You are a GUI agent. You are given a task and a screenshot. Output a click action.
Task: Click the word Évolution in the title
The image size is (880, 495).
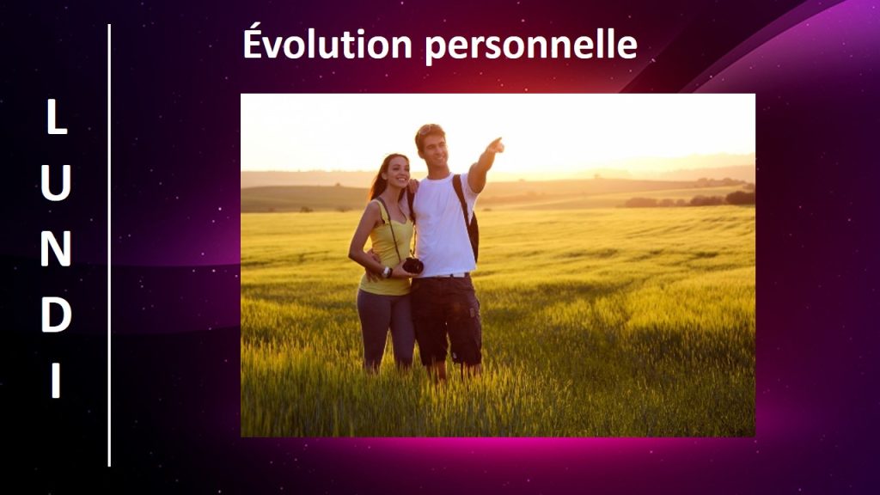(x=327, y=44)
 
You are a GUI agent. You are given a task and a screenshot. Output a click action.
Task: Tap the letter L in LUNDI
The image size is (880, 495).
(x=57, y=117)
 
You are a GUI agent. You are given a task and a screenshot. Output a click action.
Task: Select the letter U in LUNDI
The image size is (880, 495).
(x=56, y=183)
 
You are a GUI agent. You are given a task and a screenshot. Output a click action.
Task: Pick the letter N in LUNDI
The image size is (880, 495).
(x=56, y=248)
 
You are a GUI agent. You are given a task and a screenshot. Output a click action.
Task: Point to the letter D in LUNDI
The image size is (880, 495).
(x=56, y=315)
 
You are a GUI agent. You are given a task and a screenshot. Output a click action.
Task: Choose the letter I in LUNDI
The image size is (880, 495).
(x=56, y=381)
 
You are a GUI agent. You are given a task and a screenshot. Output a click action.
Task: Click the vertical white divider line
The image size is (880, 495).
(x=109, y=245)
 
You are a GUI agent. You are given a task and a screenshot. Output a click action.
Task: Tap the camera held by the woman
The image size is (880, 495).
(x=412, y=266)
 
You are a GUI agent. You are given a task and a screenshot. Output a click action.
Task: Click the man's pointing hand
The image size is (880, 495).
(x=494, y=145)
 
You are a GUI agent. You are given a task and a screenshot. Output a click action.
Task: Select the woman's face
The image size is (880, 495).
(x=398, y=172)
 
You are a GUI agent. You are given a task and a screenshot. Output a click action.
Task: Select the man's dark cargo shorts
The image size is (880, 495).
(x=446, y=320)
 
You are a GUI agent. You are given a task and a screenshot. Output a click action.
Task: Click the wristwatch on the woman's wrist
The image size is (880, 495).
(x=386, y=272)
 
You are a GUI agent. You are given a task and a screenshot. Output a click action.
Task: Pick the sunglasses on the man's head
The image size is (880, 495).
(x=428, y=131)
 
